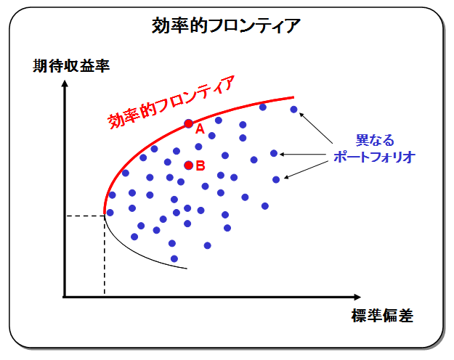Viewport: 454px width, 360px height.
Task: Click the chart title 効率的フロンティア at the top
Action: coord(226,25)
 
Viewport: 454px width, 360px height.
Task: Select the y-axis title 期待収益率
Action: coord(71,66)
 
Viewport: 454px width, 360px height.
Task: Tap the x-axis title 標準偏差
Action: coord(382,316)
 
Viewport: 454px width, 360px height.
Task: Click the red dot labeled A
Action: coord(188,124)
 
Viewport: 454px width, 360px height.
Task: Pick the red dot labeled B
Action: coord(188,165)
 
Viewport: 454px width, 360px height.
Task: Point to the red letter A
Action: coord(200,129)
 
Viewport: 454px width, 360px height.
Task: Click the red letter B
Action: coord(200,165)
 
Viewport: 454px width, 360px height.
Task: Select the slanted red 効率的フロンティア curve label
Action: coord(171,102)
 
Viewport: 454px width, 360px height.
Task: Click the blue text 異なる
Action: coord(375,140)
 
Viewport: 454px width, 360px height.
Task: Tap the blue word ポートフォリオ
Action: coord(374,157)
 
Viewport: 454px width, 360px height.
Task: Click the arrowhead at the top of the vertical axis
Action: coord(65,83)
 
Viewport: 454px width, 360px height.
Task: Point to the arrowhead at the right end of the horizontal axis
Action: coord(357,297)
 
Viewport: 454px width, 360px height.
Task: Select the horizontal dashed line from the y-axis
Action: coord(85,216)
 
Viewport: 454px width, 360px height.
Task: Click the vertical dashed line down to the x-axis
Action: coord(105,255)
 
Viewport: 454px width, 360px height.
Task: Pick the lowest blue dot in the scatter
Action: coord(174,258)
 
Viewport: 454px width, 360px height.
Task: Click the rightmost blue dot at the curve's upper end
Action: coord(293,110)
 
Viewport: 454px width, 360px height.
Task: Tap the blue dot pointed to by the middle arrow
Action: coord(274,153)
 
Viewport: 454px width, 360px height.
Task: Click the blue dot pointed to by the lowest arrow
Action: coord(276,180)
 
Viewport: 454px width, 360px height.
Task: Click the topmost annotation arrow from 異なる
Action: coord(316,128)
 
